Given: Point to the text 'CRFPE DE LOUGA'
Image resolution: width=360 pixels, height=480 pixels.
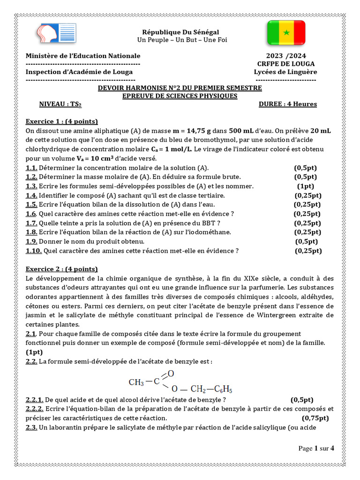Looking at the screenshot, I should coord(286,64).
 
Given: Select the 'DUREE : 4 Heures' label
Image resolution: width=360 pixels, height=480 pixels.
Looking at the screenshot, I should coord(288,104).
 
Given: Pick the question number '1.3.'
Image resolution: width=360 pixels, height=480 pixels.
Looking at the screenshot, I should coord(31,186).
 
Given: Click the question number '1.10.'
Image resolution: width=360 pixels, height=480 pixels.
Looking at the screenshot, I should coord(34,251).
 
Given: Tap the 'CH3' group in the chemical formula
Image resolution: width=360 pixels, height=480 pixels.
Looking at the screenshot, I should coord(136,382).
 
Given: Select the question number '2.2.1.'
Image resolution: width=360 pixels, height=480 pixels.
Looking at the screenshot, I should coord(35,399).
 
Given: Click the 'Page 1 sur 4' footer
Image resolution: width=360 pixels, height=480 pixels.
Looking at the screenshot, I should coord(316,448).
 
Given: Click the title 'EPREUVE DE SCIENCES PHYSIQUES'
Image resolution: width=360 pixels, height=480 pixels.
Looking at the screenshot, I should coord(180,96).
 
